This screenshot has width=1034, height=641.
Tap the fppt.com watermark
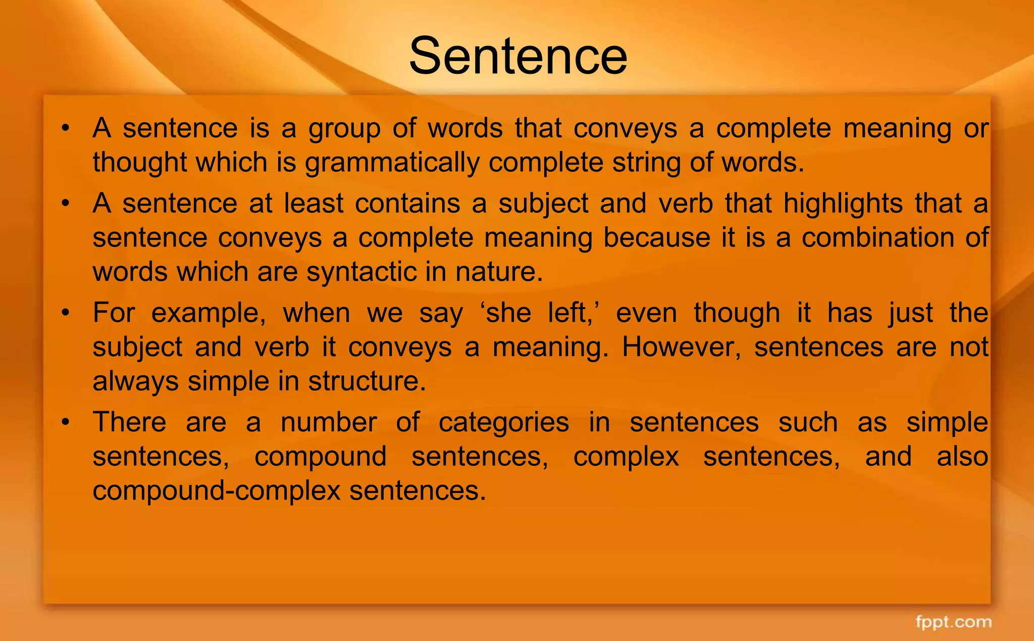tap(954, 622)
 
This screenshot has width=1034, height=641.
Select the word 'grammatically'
tap(392, 163)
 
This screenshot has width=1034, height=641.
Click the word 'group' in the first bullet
tap(344, 128)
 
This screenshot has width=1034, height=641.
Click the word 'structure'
tap(367, 381)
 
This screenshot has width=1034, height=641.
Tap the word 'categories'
tap(503, 422)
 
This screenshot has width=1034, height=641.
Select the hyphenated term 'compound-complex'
tap(217, 490)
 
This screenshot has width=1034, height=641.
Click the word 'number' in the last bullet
tap(329, 422)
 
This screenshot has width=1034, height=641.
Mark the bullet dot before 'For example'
tap(65, 313)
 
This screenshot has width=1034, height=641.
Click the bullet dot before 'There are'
tap(65, 422)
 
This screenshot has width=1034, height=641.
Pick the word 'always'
tap(135, 381)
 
